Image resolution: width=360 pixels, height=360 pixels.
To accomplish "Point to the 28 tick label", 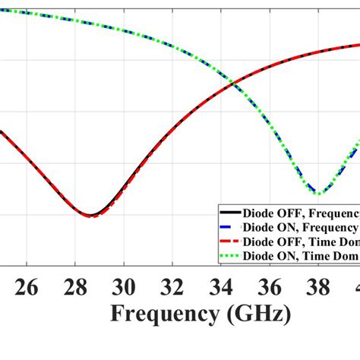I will (76, 287).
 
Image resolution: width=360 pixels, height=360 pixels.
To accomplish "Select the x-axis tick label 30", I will (125, 287).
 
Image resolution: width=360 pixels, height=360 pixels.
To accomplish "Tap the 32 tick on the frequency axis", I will (173, 287).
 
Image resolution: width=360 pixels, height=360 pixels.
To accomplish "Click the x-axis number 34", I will (222, 287).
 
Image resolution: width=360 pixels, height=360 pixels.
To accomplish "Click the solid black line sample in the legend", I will (226, 213).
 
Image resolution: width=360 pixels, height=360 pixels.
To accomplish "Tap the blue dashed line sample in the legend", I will (226, 227).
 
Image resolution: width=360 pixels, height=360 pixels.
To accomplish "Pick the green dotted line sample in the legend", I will (226, 256).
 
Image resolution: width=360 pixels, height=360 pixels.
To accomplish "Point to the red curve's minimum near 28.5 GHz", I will (90, 216).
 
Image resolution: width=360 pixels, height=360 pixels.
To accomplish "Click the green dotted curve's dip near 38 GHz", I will (320, 193).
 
